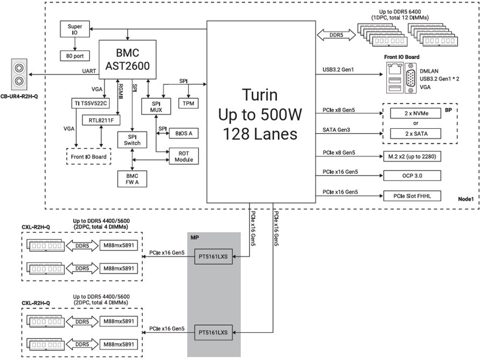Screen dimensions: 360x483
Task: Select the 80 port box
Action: point(75,56)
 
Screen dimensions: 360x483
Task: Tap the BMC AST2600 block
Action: point(128,60)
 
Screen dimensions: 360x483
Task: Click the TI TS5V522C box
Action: point(89,102)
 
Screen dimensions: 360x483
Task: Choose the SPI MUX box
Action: point(156,106)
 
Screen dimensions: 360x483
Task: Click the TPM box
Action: point(188,102)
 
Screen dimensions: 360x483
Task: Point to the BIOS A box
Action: point(184,133)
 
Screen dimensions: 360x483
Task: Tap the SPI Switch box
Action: point(132,139)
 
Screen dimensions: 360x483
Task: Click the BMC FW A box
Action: point(132,179)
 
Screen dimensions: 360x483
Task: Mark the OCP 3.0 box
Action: point(411,175)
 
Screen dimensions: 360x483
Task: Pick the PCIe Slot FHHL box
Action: point(411,196)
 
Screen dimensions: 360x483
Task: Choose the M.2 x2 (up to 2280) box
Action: point(411,155)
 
